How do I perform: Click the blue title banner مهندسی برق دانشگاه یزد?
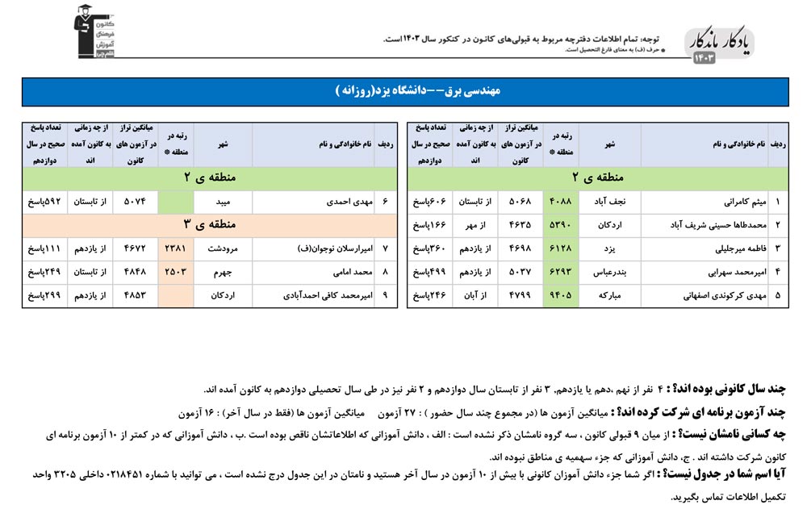[403, 92]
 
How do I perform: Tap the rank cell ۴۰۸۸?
[561, 202]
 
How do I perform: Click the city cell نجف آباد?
[610, 202]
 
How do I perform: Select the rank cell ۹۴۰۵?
[561, 295]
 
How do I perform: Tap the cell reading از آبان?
[475, 295]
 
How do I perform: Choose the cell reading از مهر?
[475, 225]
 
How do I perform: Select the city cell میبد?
[224, 201]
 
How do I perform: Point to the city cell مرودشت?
[223, 248]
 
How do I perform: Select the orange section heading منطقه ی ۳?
[210, 224]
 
